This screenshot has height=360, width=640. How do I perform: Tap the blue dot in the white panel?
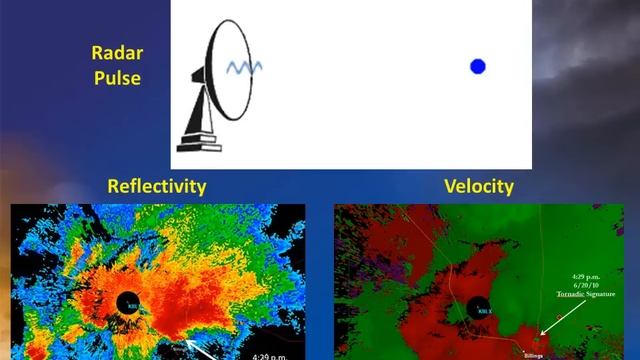[x=477, y=67]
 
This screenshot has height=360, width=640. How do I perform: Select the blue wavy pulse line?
[x=244, y=67]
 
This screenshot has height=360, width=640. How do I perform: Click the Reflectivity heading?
[x=157, y=186]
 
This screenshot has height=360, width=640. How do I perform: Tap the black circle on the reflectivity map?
[x=128, y=302]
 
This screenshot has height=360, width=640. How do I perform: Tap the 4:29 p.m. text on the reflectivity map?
[x=262, y=354]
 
